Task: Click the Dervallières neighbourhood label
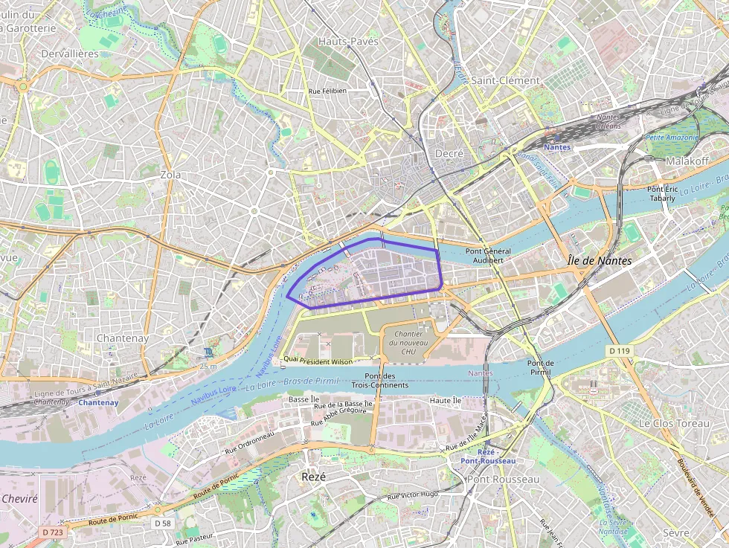tap(70, 54)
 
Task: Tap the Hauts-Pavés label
tap(348, 42)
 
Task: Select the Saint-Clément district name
tap(505, 80)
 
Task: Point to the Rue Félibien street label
tap(327, 91)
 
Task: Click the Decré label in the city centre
tap(449, 153)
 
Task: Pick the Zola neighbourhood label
tap(170, 175)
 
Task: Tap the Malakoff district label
tap(687, 161)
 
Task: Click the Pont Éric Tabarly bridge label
tap(661, 193)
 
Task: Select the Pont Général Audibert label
tap(488, 256)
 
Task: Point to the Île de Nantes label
tap(599, 261)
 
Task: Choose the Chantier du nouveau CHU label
tap(408, 343)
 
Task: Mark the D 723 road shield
tap(53, 532)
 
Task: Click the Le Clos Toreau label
tap(674, 423)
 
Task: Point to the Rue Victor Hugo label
tap(413, 495)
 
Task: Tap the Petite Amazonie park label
tap(672, 138)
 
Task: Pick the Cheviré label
tap(19, 499)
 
